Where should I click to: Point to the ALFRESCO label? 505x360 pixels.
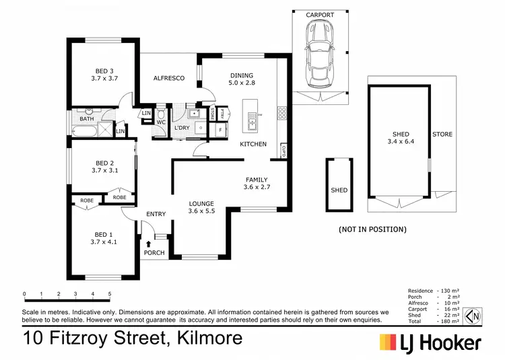pos(169,79)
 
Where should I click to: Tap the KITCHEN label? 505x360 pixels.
pos(254,144)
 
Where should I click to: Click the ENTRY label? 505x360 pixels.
pos(156,215)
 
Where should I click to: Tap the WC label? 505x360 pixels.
pos(162,122)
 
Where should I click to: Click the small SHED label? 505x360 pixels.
pos(339,190)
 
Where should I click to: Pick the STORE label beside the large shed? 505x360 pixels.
pos(442,135)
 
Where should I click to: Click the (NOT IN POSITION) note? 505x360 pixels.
pos(372,229)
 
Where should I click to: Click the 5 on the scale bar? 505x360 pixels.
pos(109,294)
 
